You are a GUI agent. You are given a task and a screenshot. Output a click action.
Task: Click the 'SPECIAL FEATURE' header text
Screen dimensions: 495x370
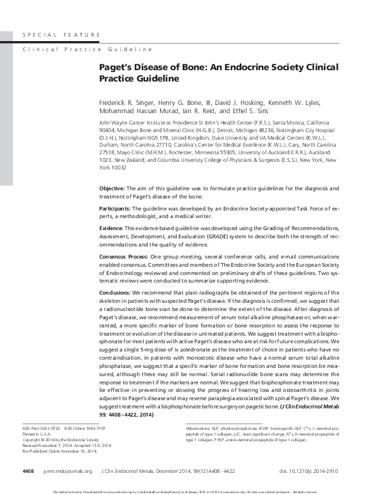(61, 34)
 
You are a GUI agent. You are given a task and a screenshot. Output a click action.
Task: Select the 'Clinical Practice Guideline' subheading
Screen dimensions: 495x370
(87, 49)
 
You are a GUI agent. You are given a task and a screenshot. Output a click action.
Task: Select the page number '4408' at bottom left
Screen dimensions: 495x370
(28, 471)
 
